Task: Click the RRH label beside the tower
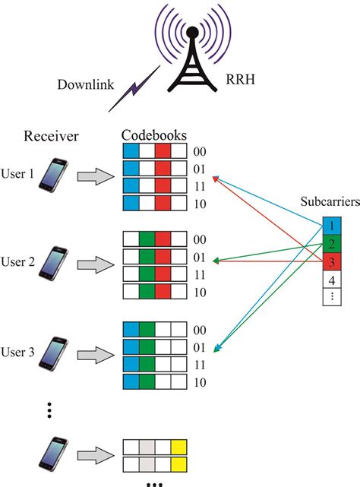pos(240,79)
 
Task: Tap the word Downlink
pos(85,84)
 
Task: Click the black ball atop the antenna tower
pos(193,31)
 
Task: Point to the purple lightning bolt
pos(134,89)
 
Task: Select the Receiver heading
pos(51,136)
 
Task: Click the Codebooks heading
pos(154,135)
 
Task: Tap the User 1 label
pos(17,174)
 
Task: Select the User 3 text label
pos(17,353)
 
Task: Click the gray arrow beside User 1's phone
pos(96,177)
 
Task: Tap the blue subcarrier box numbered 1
pos(332,226)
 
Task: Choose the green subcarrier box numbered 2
pos(332,244)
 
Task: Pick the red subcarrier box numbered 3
pos(332,261)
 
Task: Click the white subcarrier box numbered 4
pos(332,280)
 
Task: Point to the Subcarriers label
pos(330,201)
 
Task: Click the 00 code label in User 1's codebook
pos(200,151)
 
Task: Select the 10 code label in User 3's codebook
pos(200,382)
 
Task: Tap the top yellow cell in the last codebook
pos(178,447)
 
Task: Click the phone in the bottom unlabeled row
pos(53,454)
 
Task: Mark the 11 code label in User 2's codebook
pos(200,275)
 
